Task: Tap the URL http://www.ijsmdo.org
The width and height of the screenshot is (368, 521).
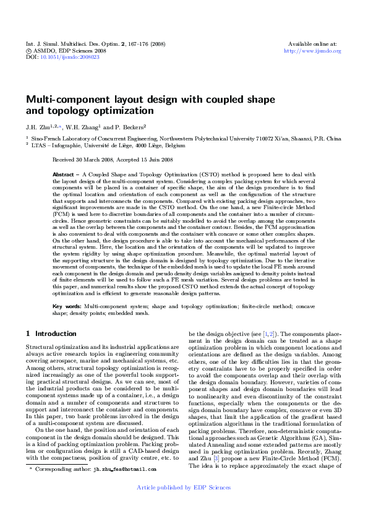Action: click(x=312, y=51)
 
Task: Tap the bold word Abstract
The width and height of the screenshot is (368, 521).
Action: click(x=65, y=175)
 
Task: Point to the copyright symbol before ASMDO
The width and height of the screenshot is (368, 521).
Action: click(x=28, y=51)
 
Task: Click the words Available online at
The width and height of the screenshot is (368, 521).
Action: click(x=312, y=44)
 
